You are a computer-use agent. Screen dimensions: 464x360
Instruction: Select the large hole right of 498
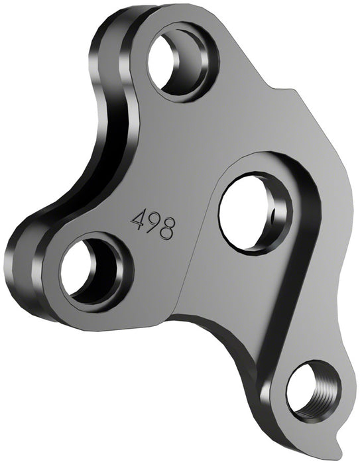251,207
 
